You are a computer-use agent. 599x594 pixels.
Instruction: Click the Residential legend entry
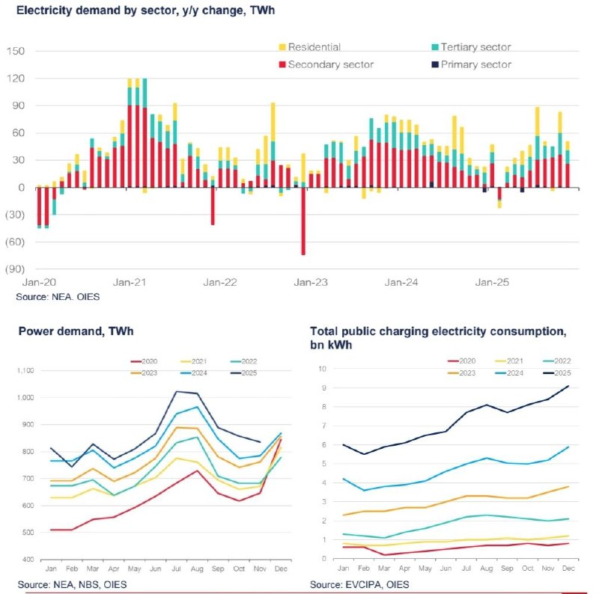pos(314,47)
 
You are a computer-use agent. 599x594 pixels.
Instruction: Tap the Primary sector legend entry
pos(475,64)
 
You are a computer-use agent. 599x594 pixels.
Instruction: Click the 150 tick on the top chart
pos(16,51)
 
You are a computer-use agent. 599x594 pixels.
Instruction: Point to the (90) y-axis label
pos(16,269)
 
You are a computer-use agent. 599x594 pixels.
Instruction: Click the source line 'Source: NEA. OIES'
pos(57,297)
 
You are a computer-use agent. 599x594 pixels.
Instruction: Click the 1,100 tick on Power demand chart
pos(25,370)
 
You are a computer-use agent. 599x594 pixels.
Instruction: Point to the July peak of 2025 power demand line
pos(176,391)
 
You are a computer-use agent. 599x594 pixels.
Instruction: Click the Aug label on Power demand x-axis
pos(197,568)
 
